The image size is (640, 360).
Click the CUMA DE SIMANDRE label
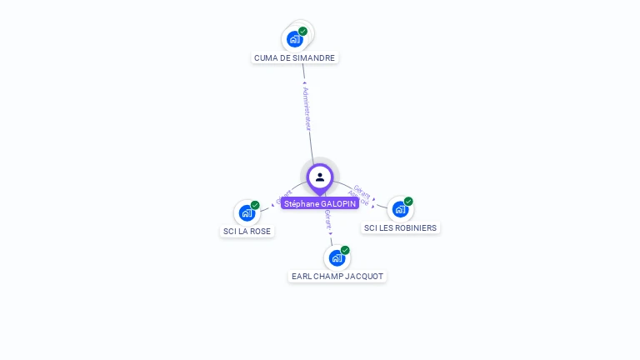click(x=295, y=58)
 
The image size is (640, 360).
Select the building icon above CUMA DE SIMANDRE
click(x=294, y=38)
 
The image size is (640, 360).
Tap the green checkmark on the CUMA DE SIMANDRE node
click(x=302, y=31)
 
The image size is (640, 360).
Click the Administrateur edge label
click(x=307, y=107)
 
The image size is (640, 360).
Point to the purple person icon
click(x=320, y=177)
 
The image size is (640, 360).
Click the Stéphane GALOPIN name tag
click(x=320, y=203)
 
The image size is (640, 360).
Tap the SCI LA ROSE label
click(x=247, y=231)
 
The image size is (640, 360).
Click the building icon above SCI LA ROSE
click(x=247, y=212)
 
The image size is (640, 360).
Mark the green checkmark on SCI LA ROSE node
click(x=255, y=205)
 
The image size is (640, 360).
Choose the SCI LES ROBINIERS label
click(x=400, y=227)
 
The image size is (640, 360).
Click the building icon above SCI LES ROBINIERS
click(x=400, y=209)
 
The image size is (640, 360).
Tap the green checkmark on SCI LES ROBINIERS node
click(x=408, y=201)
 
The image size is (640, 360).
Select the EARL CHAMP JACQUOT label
click(x=337, y=276)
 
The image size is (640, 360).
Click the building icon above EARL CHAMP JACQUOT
click(x=337, y=257)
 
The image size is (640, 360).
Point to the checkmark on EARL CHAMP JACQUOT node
click(x=345, y=250)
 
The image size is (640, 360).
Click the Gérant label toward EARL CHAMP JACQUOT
click(x=328, y=221)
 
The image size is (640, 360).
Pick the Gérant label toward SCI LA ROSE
click(x=283, y=196)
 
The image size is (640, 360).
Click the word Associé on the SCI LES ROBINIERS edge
click(x=358, y=200)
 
